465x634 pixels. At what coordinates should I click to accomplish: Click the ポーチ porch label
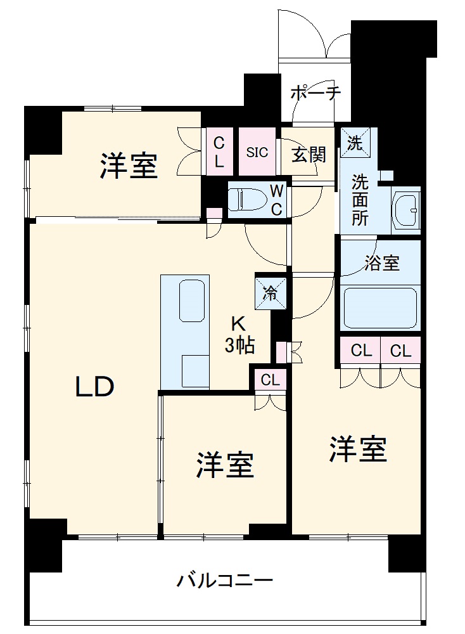315,94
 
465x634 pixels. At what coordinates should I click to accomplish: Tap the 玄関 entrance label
309,153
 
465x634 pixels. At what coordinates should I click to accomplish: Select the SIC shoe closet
257,152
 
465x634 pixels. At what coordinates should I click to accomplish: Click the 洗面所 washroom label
360,200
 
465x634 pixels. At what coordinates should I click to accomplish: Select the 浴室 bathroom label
381,263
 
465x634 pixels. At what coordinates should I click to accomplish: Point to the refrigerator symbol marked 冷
270,293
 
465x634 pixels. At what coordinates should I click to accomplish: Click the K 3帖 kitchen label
239,335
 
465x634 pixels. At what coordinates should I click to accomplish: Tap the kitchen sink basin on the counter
193,299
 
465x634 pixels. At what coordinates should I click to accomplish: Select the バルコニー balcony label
225,579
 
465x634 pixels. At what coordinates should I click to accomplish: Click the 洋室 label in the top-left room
128,166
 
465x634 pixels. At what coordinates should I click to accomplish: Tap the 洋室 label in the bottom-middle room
224,465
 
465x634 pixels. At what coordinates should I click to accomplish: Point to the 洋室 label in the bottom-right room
357,449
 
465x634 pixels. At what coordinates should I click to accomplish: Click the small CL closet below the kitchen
270,380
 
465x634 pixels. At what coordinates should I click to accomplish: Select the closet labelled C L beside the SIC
218,152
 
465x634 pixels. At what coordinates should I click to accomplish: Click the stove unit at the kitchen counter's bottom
194,372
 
